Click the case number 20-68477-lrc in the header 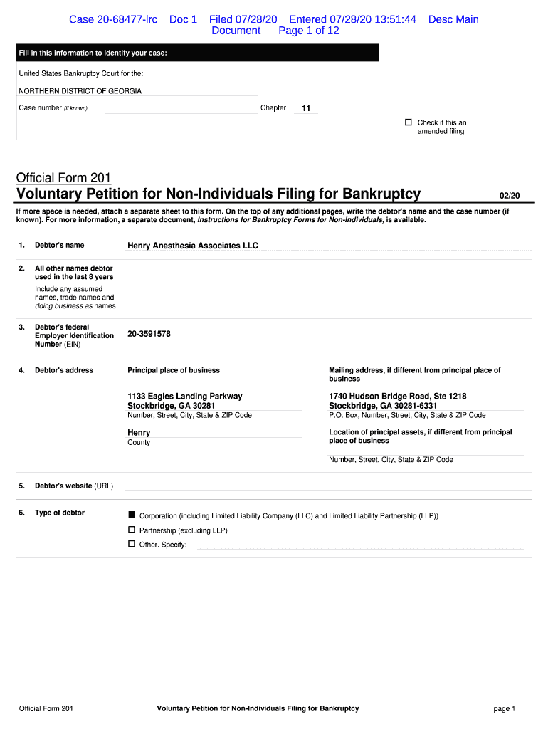pos(113,19)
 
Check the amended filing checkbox pos(409,122)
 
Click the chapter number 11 pos(306,108)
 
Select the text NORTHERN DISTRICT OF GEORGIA pos(80,91)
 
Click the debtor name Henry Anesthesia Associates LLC pos(193,246)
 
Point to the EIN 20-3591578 pos(149,333)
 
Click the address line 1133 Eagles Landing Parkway pos(185,396)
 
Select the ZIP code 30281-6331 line pos(383,406)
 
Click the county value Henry pos(139,432)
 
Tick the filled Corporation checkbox pos(131,514)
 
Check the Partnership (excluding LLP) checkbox pos(131,530)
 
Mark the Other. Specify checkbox pos(131,544)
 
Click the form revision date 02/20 pos(510,195)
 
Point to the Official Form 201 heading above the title pos(63,177)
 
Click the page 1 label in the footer pos(504,708)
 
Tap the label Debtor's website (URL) pos(74,486)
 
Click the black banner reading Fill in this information pos(198,53)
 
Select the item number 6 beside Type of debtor pos(22,513)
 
